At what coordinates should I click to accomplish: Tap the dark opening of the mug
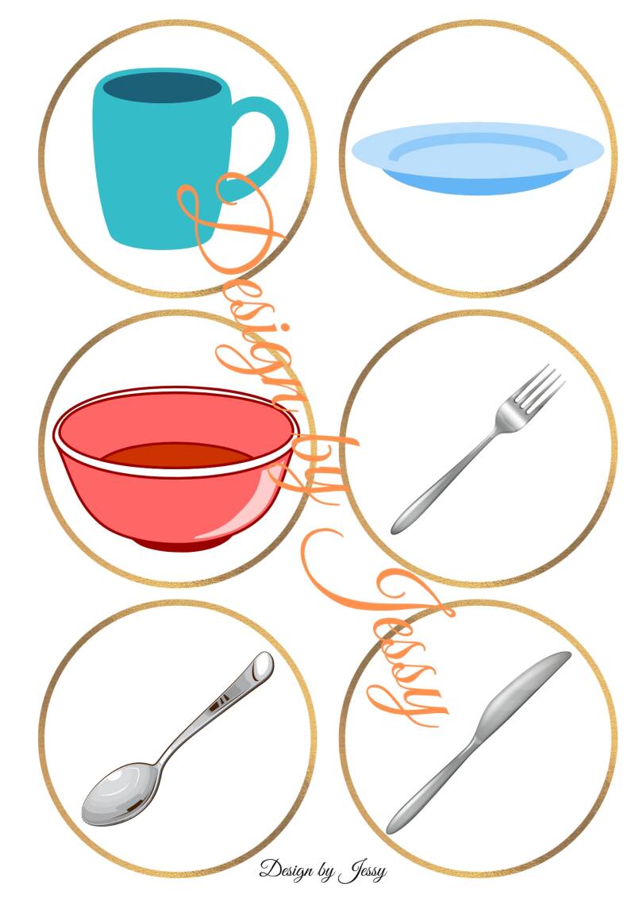(163, 87)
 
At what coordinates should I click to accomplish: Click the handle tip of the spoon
(263, 665)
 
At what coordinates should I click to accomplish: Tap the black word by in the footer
(325, 873)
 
